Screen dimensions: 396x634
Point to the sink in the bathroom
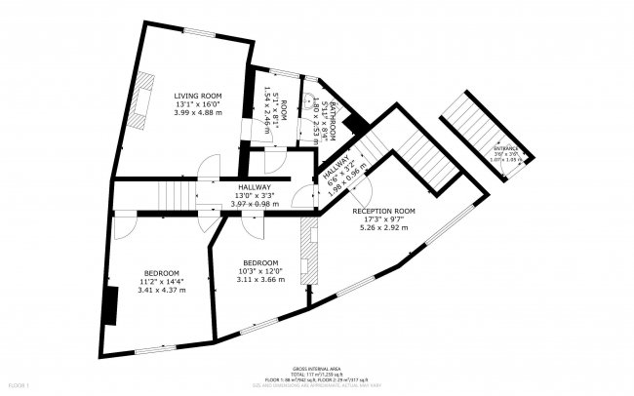click(x=309, y=99)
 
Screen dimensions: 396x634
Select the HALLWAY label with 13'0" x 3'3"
click(x=252, y=186)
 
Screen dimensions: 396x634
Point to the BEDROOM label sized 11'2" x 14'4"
click(x=161, y=272)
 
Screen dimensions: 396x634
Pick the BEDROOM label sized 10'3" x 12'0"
click(x=260, y=262)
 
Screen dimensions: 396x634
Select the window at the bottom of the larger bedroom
click(x=155, y=349)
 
